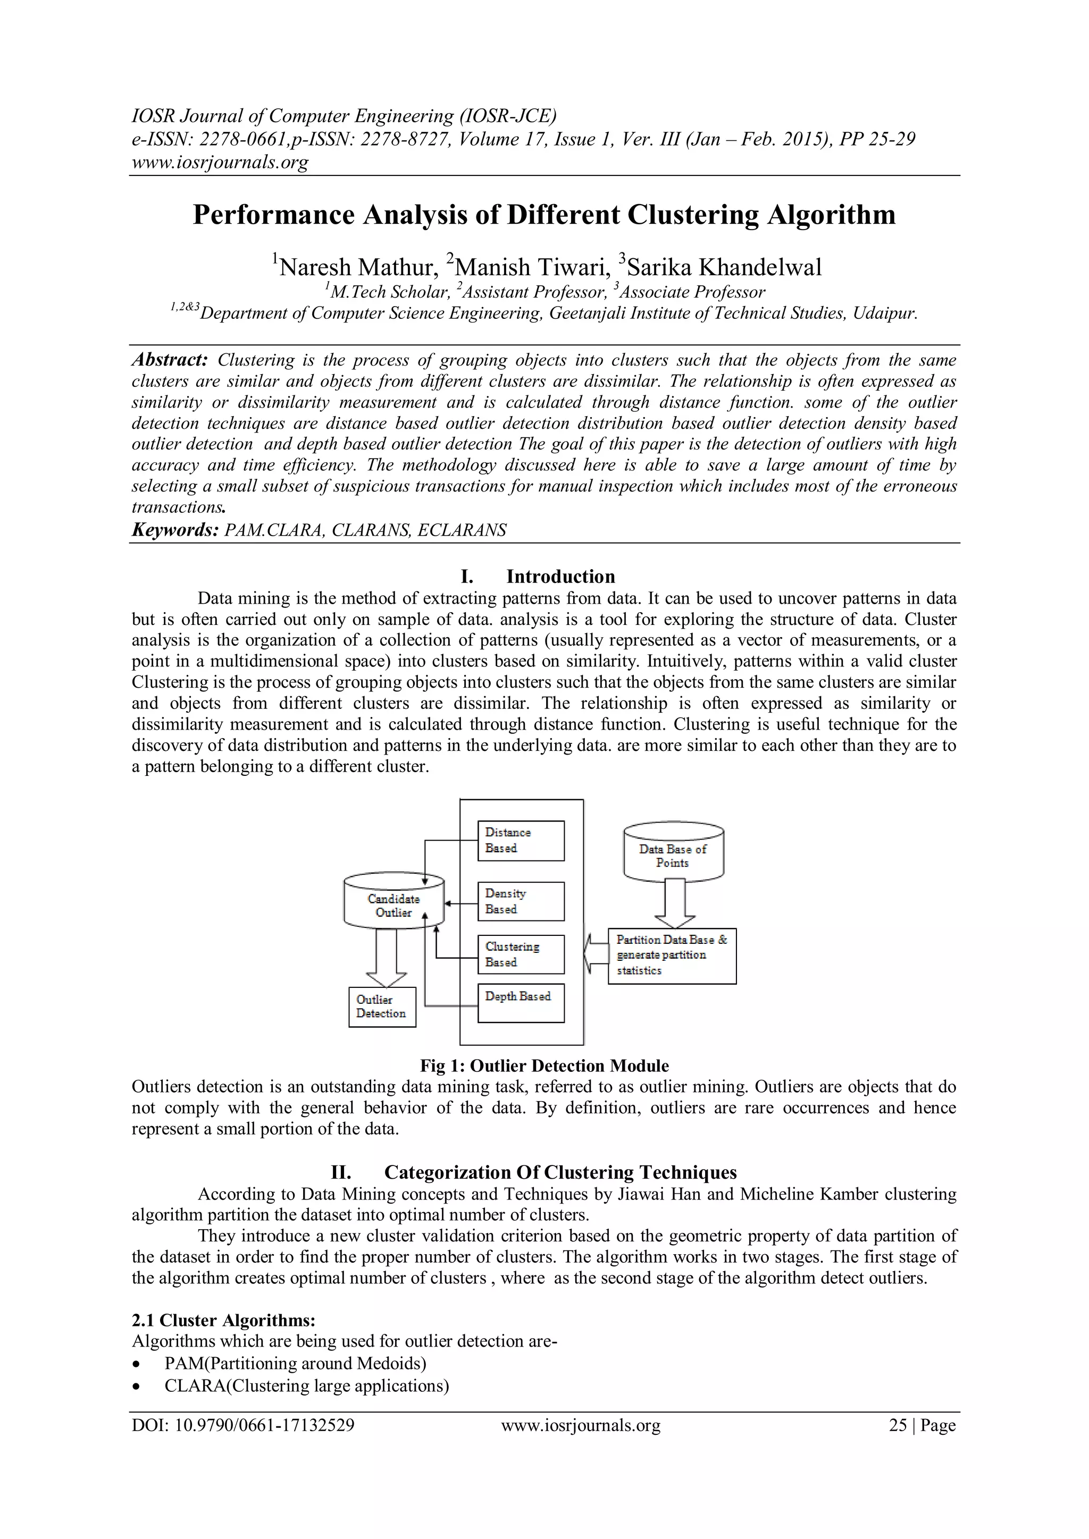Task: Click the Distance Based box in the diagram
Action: (x=521, y=841)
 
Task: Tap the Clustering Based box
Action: (x=521, y=954)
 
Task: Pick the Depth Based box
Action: (x=521, y=1003)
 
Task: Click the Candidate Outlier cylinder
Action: (x=393, y=902)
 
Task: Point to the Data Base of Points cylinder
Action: (x=673, y=852)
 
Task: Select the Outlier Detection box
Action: (x=382, y=1007)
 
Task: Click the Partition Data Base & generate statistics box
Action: (x=672, y=956)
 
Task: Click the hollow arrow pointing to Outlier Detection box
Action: (x=386, y=957)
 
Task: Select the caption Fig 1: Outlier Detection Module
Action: (x=544, y=1066)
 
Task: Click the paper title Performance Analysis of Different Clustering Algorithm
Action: (x=544, y=215)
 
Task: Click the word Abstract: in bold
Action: (x=170, y=360)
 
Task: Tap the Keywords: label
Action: (x=175, y=530)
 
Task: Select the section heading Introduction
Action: (x=560, y=577)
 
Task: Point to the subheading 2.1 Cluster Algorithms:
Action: (x=223, y=1321)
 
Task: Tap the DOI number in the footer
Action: (x=243, y=1426)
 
